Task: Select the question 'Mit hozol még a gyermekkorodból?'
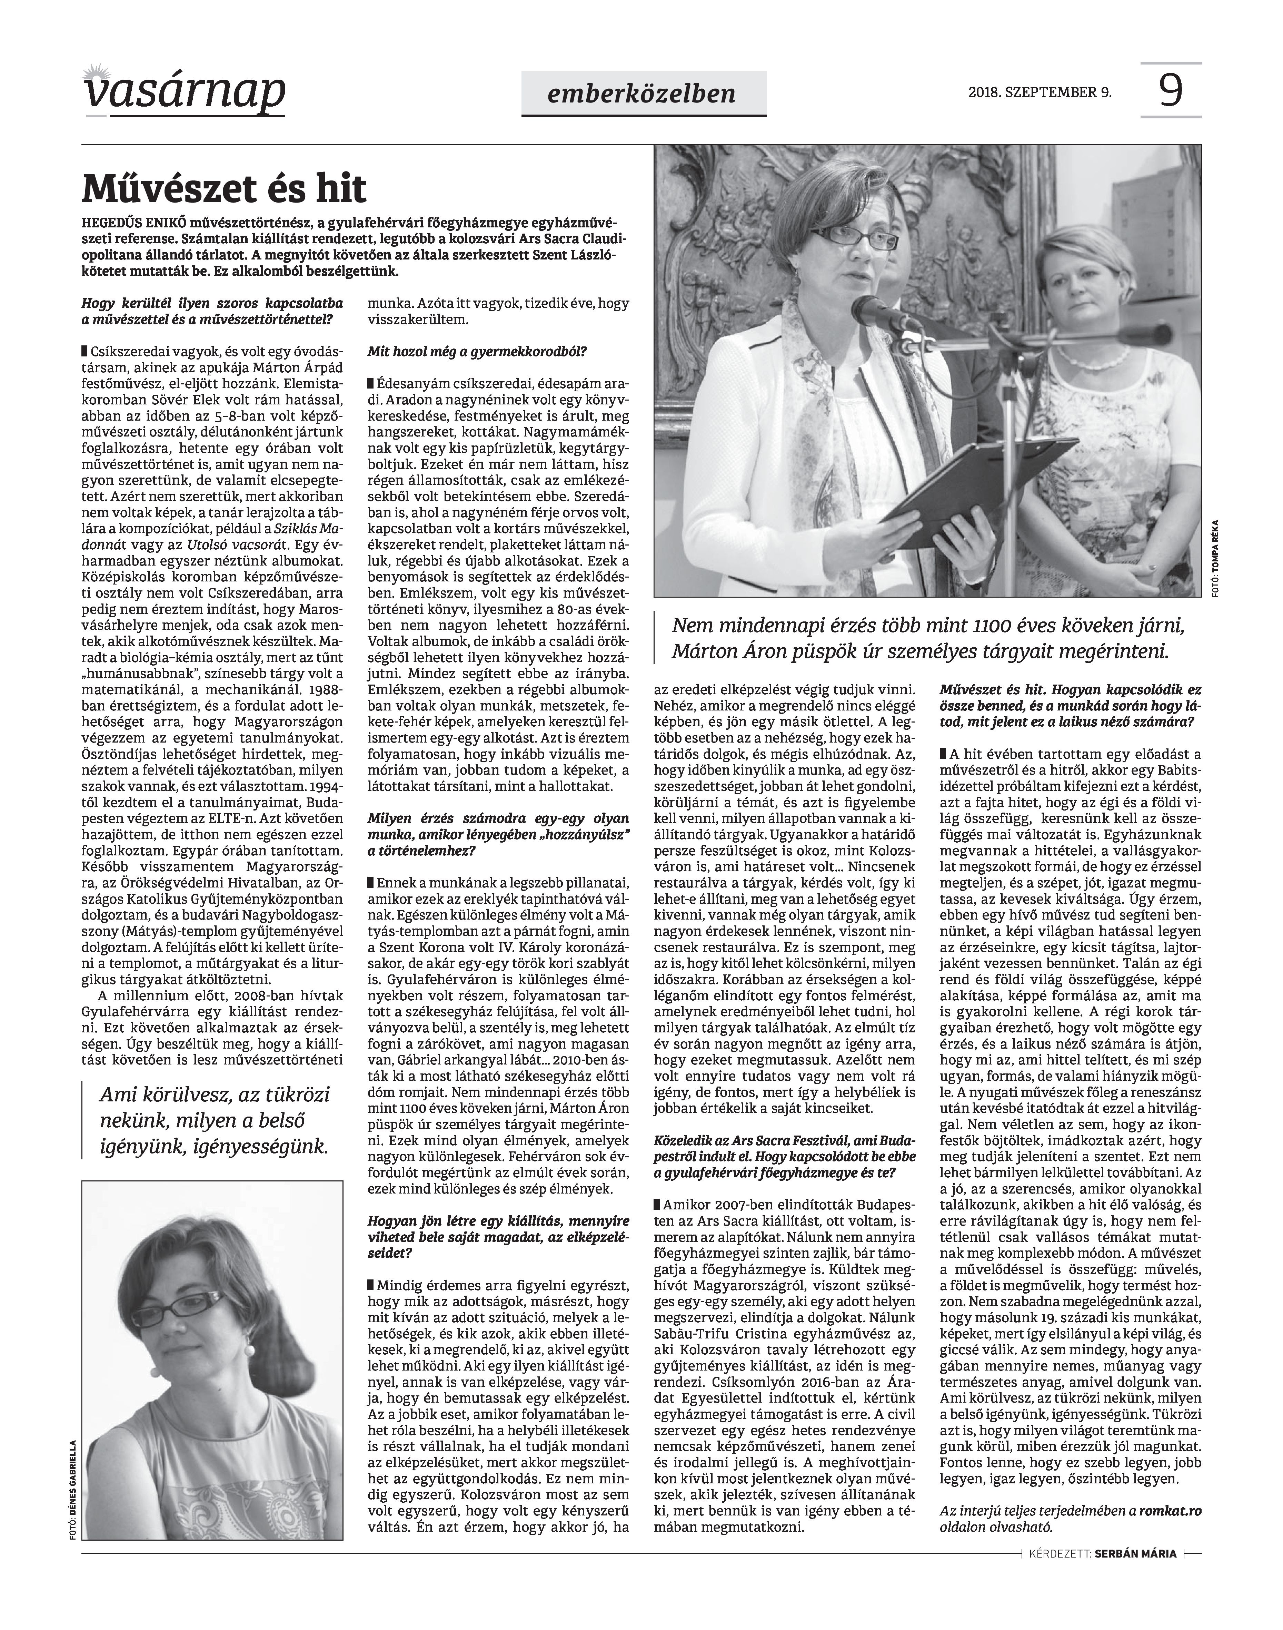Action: coord(477,351)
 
